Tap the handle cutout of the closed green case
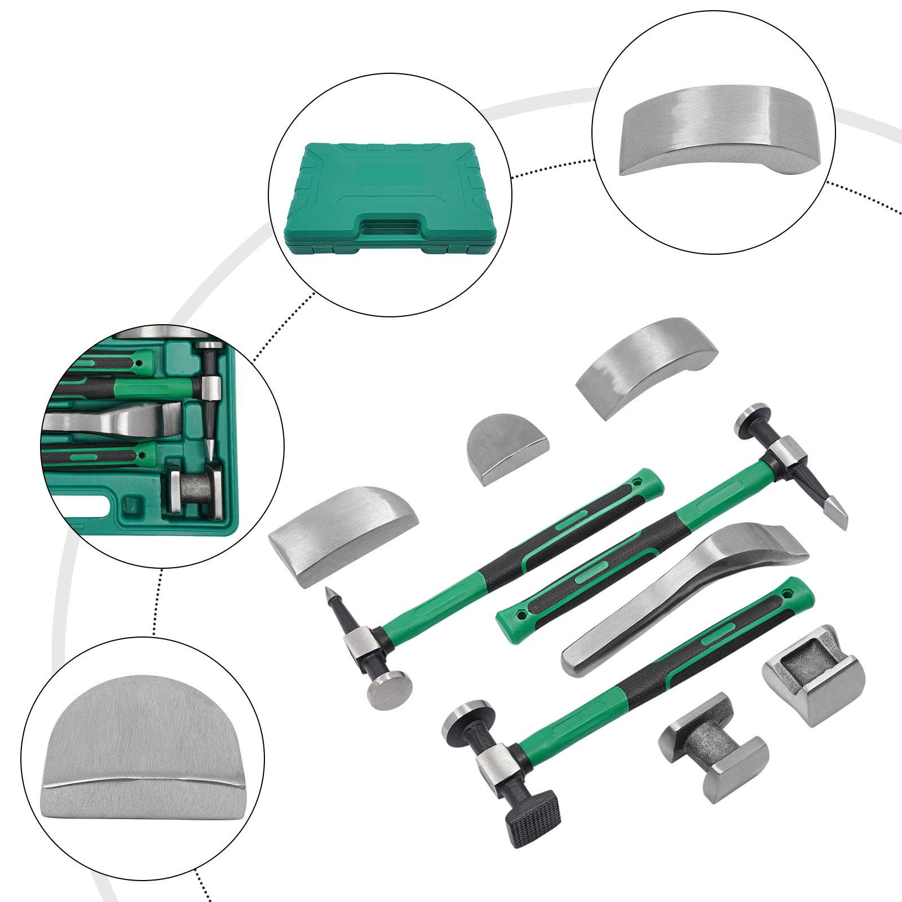pyautogui.click(x=391, y=228)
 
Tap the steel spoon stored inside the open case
pyautogui.click(x=113, y=420)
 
